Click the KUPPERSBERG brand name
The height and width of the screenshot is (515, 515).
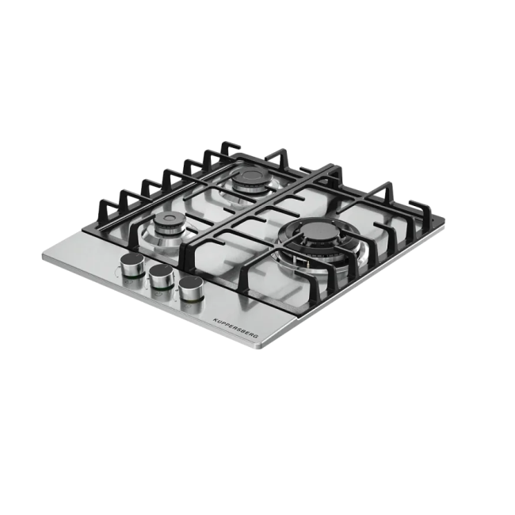click(238, 326)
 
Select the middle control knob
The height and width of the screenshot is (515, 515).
click(161, 275)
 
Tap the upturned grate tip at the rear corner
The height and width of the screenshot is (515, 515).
click(230, 146)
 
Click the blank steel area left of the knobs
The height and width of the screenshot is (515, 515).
click(87, 257)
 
